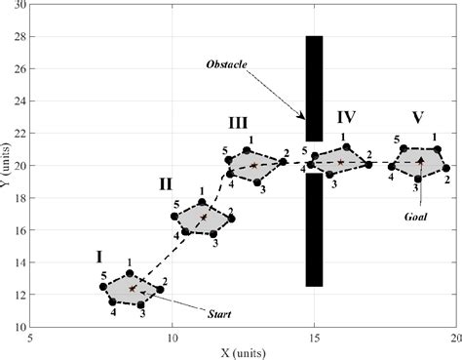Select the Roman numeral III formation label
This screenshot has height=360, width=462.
(237, 123)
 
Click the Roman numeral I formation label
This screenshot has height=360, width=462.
(99, 258)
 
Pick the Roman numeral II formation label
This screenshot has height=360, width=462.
(166, 182)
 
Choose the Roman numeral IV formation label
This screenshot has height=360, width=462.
(346, 117)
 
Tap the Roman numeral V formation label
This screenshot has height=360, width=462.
(417, 118)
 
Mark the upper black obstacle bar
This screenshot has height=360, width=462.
(314, 88)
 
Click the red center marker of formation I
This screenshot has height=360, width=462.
(133, 289)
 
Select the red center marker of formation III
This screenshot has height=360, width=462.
(253, 166)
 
